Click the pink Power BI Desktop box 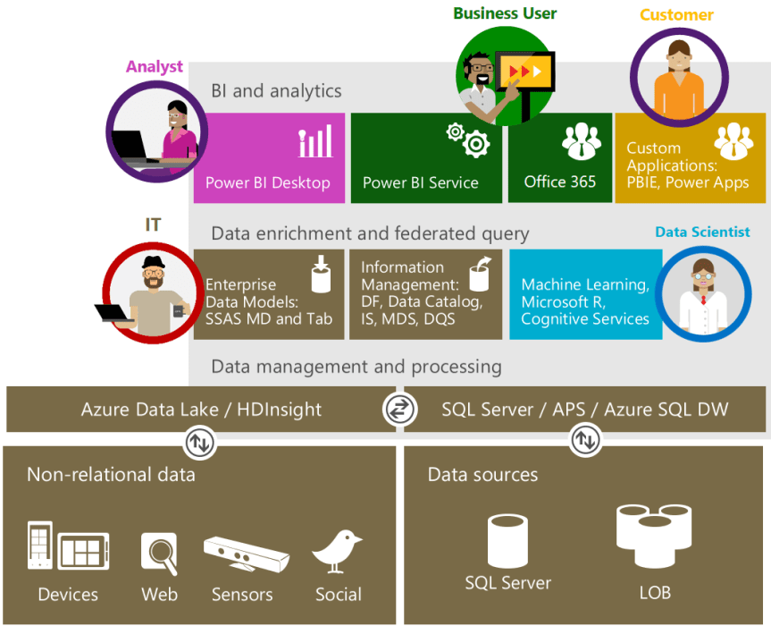(x=269, y=157)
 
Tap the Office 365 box (x=560, y=157)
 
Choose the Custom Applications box (x=690, y=157)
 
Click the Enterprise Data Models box (x=269, y=294)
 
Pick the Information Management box (x=425, y=294)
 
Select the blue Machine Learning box (x=584, y=294)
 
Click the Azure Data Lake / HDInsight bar (x=201, y=410)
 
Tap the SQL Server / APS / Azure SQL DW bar (x=585, y=410)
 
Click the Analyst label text (x=155, y=66)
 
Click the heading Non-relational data (x=111, y=475)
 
